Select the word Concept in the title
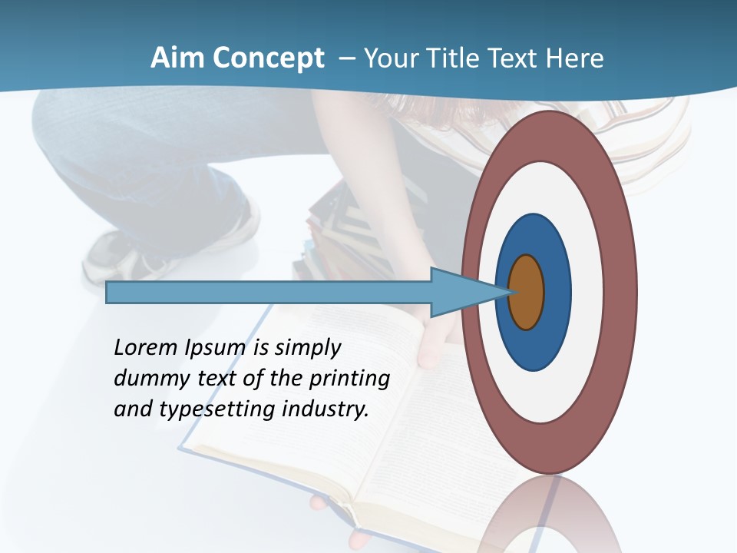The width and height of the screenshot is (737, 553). [x=268, y=59]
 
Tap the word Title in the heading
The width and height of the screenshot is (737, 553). [x=456, y=58]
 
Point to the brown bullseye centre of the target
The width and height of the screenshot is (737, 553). [x=527, y=292]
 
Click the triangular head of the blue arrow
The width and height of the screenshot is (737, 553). [x=461, y=293]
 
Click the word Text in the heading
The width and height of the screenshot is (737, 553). [x=518, y=58]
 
